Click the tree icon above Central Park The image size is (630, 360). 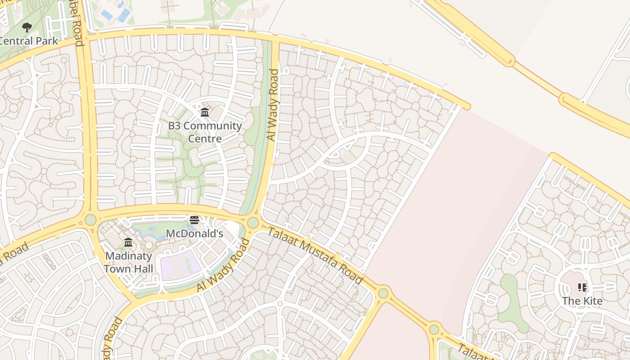pyautogui.click(x=27, y=27)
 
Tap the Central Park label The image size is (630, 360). pyautogui.click(x=28, y=41)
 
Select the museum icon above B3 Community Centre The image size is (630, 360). pyautogui.click(x=205, y=112)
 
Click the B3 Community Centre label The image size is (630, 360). pyautogui.click(x=205, y=132)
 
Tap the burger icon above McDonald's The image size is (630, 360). pyautogui.click(x=194, y=220)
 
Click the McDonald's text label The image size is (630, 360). pyautogui.click(x=194, y=234)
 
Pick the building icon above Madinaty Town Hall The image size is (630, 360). pyautogui.click(x=128, y=243)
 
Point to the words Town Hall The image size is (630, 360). pyautogui.click(x=129, y=269)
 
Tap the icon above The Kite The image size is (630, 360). pyautogui.click(x=582, y=287)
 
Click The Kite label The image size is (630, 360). pyautogui.click(x=582, y=301)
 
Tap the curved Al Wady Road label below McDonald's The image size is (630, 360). pyautogui.click(x=223, y=266)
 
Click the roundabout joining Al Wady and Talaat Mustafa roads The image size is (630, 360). pyautogui.click(x=253, y=222)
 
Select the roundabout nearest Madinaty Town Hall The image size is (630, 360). pyautogui.click(x=90, y=220)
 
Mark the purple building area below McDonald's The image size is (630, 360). pyautogui.click(x=180, y=265)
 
